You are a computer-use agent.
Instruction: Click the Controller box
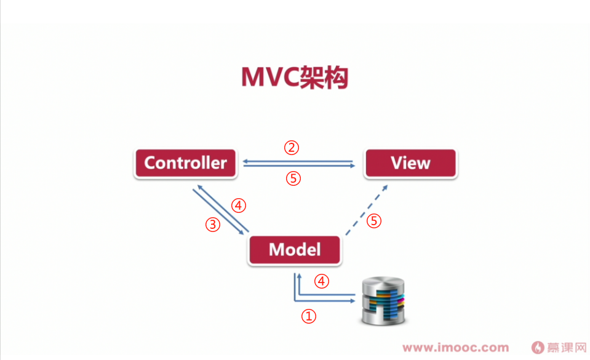pos(186,163)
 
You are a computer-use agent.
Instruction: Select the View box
pos(410,163)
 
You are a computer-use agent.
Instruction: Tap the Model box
pos(295,250)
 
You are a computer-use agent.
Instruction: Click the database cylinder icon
pos(383,301)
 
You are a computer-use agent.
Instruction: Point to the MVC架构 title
pos(295,77)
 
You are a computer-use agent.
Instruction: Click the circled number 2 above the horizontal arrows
pos(292,148)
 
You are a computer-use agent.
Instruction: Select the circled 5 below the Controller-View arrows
pos(293,178)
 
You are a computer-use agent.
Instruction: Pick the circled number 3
pos(213,225)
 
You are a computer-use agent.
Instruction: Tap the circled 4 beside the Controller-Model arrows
pos(239,206)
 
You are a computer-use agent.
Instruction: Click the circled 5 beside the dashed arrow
pos(374,221)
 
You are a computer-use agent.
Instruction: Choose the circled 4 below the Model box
pos(322,281)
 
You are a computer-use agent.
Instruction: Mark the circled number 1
pos(309,316)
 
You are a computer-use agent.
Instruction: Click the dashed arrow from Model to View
pos(367,210)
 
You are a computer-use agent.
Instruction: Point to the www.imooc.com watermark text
pos(456,348)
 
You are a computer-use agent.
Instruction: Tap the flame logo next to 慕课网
pos(538,348)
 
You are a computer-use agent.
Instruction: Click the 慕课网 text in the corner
pos(567,348)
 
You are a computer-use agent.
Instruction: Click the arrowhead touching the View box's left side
pos(353,166)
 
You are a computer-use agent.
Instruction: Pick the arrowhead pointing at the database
pos(353,301)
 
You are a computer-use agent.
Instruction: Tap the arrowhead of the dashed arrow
pos(385,187)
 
